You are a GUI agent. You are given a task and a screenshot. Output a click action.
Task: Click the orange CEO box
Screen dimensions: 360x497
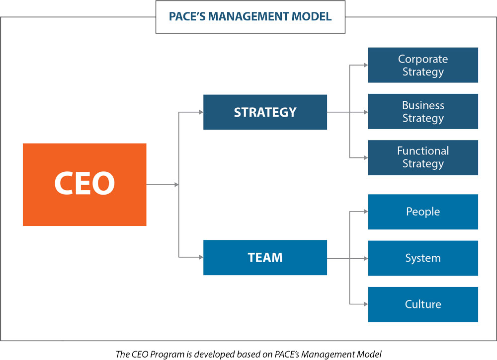point(84,184)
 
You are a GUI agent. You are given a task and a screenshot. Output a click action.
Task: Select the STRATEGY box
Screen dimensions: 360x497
point(265,112)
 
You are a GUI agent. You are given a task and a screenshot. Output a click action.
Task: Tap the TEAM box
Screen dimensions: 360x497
point(265,257)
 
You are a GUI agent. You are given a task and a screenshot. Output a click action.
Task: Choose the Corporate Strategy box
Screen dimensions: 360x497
point(423,65)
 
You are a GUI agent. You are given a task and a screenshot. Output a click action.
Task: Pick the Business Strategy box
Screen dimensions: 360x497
point(423,111)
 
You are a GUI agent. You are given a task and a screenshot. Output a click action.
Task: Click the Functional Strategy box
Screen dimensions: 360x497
point(423,157)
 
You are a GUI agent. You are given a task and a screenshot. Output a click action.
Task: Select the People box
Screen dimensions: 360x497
point(423,212)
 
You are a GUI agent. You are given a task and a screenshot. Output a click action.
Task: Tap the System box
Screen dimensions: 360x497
point(423,258)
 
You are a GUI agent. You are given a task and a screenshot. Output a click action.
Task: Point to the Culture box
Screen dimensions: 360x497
point(423,304)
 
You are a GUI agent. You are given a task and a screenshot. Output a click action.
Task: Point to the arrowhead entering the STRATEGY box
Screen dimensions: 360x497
point(201,112)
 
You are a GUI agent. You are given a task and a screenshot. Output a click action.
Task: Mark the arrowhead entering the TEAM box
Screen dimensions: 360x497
point(201,257)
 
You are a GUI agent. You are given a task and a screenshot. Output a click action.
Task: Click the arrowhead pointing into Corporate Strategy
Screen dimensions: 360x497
point(365,65)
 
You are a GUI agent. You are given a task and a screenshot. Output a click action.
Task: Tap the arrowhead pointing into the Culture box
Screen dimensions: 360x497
point(365,304)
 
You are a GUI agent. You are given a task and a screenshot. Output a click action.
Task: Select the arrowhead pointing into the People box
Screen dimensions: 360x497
point(365,212)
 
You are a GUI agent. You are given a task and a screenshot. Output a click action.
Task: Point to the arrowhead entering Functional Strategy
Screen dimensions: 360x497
point(365,157)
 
